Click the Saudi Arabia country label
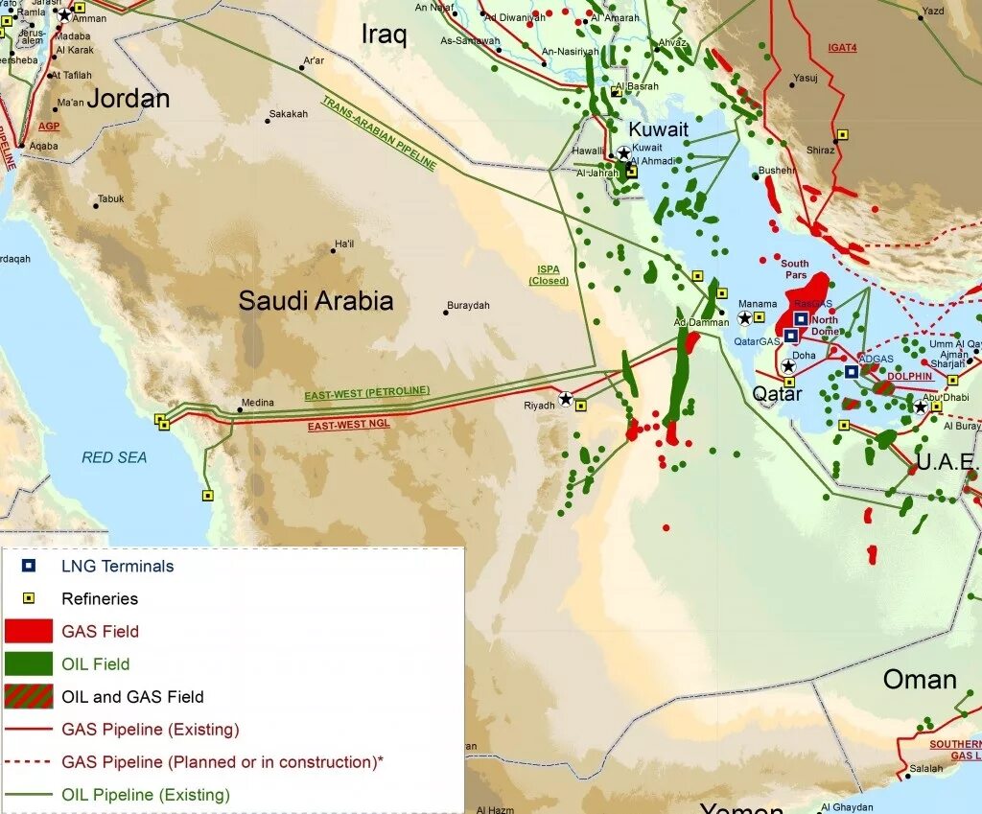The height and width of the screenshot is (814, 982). point(316,301)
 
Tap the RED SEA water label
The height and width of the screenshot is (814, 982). point(114,457)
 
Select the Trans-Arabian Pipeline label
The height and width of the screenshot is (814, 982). point(379,133)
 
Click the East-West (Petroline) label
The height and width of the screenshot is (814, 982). point(367,393)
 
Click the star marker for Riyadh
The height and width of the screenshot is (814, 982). point(566,399)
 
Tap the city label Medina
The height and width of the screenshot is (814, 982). point(257,403)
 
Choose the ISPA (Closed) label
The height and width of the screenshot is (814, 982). point(549,276)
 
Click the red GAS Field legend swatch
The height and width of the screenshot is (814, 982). point(29,631)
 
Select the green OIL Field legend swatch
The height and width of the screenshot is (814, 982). point(29,663)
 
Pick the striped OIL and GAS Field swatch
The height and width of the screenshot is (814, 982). point(29,696)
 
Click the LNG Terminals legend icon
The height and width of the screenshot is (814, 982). point(29,566)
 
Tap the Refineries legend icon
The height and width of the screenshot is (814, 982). point(29,598)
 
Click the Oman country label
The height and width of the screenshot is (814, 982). point(920,680)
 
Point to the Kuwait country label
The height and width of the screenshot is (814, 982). point(658,129)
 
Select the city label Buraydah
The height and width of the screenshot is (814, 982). point(468,306)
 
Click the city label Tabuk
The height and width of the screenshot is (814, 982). point(110,199)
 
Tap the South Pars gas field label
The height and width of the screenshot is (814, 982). point(794,269)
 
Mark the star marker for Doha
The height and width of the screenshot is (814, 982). point(788,366)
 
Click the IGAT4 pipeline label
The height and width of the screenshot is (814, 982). point(842,47)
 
